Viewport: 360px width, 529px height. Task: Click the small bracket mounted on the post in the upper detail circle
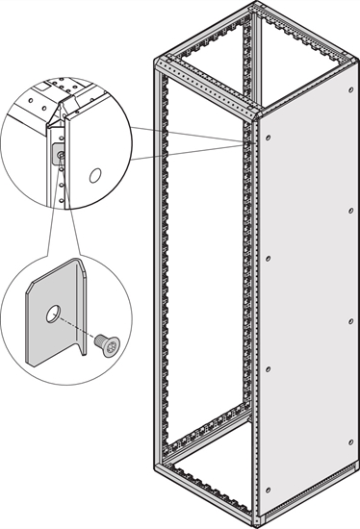[61, 155]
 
